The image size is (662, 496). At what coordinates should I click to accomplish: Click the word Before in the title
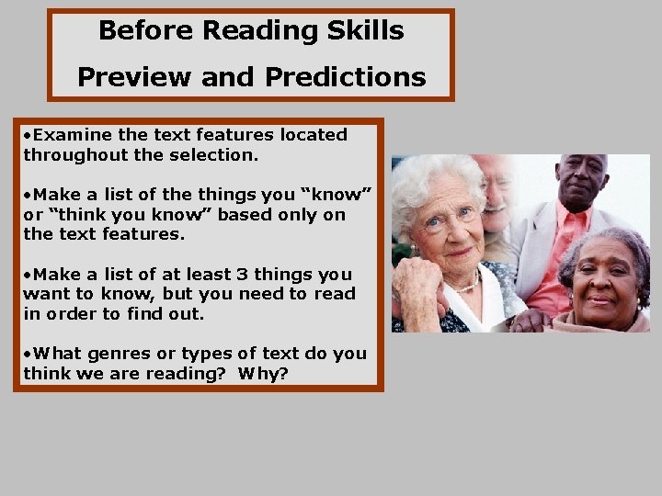(x=145, y=30)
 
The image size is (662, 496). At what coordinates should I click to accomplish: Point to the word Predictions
(x=345, y=76)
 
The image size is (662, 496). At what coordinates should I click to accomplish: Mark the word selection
(x=215, y=155)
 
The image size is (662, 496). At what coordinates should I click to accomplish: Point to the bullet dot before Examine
(x=27, y=136)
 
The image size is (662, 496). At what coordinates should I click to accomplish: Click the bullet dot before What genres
(x=27, y=355)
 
